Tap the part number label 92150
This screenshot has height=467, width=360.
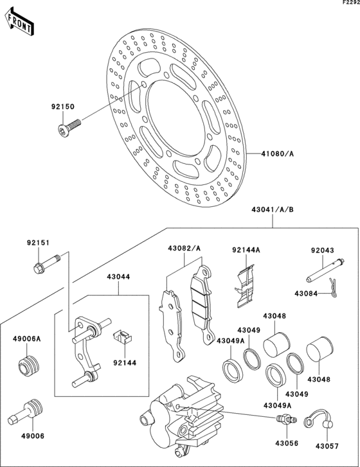click(63, 107)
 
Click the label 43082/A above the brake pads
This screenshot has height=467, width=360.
click(184, 248)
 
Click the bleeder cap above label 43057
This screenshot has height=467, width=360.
click(319, 418)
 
